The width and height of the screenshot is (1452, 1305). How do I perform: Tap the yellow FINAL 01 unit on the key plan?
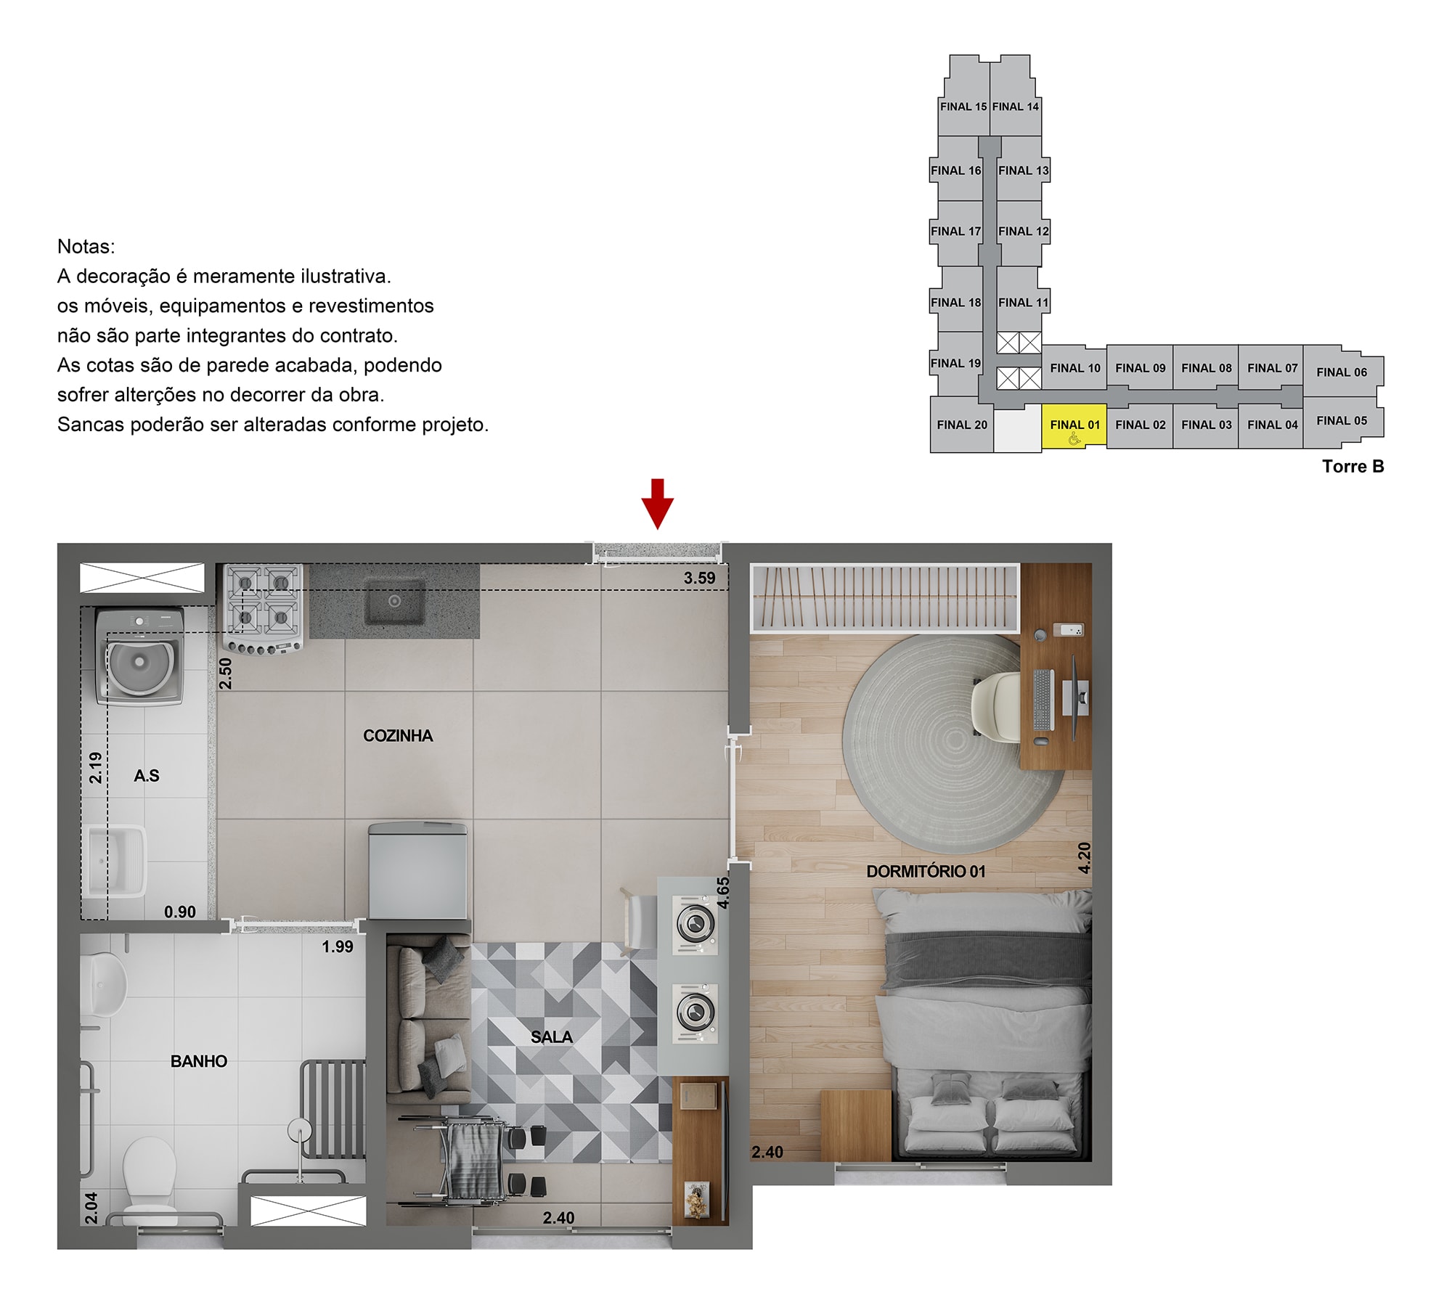[x=1074, y=427]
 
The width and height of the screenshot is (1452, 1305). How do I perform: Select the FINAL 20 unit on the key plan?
[x=962, y=425]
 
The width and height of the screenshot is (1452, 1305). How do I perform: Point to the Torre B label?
[x=1353, y=467]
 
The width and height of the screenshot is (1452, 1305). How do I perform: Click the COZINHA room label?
[x=398, y=736]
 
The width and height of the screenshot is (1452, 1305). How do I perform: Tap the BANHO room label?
[x=199, y=1061]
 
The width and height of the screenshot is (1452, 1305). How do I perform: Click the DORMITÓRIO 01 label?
[x=926, y=871]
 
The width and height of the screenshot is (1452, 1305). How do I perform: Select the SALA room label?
[x=552, y=1037]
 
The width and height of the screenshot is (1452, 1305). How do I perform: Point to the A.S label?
[x=147, y=776]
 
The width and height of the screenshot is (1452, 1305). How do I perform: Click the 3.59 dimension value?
[x=699, y=578]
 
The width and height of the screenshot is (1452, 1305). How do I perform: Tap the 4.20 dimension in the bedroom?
[x=1084, y=858]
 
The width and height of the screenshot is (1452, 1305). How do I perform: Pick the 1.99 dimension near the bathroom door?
[x=338, y=946]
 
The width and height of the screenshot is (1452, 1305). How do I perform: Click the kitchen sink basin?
[x=394, y=601]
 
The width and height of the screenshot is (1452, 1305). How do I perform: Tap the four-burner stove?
[x=263, y=608]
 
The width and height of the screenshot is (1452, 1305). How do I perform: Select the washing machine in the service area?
[x=140, y=657]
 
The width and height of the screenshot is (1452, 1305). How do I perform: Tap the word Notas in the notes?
[x=86, y=247]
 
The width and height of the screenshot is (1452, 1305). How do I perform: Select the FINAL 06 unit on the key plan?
[x=1342, y=372]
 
